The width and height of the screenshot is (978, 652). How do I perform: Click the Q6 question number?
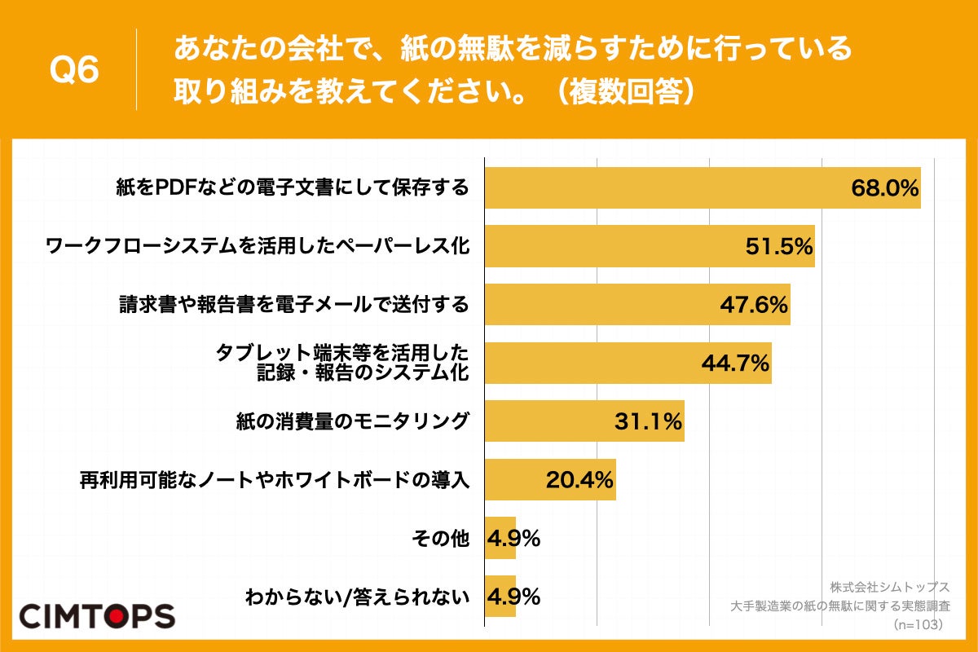point(74,71)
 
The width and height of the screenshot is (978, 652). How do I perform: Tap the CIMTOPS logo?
point(97,615)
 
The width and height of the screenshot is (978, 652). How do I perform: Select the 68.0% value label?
point(885,188)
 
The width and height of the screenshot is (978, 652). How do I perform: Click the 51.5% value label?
point(779,247)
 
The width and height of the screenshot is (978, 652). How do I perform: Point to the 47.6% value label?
point(754,305)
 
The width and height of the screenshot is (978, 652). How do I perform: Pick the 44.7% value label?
point(736,363)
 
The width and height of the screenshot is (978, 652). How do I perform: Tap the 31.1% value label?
point(648,421)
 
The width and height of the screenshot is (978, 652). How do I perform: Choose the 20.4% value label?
point(579,480)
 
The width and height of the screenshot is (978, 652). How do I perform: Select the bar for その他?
point(500,538)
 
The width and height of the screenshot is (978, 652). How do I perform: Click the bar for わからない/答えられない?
point(500,597)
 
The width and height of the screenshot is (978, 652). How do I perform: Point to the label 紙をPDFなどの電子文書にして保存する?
point(293,188)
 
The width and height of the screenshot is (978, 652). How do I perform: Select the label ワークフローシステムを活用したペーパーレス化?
point(258,247)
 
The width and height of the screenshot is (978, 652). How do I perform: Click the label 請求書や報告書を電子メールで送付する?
point(293,305)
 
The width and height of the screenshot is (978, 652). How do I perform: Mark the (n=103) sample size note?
point(919,624)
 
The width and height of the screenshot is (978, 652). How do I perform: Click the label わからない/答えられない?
point(358,597)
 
